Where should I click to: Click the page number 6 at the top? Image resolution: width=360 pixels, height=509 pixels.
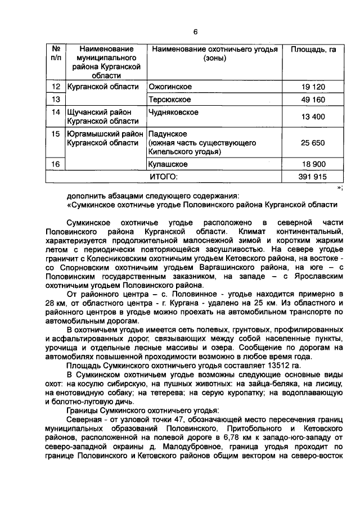(195, 32)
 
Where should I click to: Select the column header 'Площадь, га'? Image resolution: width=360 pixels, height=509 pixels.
(313, 50)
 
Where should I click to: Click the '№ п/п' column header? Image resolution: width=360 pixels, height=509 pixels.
(56, 54)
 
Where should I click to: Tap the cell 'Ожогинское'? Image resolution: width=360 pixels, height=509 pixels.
(169, 87)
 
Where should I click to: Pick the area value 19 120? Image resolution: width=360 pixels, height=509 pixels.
(313, 87)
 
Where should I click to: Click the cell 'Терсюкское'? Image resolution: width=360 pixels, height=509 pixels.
(169, 100)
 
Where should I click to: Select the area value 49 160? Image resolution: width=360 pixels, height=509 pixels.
(313, 100)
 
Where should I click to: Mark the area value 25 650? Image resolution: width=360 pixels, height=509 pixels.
(313, 143)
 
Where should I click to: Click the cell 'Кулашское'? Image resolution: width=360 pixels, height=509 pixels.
(168, 164)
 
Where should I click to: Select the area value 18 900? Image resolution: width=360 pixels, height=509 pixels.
(313, 164)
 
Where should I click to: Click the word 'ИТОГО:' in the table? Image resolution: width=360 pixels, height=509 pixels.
(163, 177)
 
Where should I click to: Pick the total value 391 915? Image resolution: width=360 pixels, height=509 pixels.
(313, 177)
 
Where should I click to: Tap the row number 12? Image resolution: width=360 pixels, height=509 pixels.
(56, 87)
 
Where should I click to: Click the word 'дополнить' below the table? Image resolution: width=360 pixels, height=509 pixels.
(84, 196)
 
